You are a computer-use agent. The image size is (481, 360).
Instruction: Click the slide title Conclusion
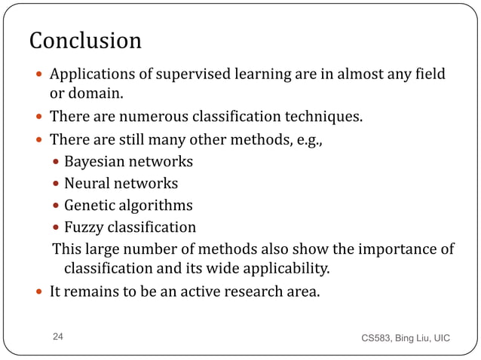click(x=84, y=40)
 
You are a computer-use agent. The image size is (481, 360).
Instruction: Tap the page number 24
click(x=58, y=338)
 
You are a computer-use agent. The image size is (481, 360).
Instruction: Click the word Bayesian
click(x=96, y=161)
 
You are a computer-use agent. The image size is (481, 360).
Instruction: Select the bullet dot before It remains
click(x=39, y=292)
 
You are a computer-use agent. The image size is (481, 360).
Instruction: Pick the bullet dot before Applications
click(x=39, y=75)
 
